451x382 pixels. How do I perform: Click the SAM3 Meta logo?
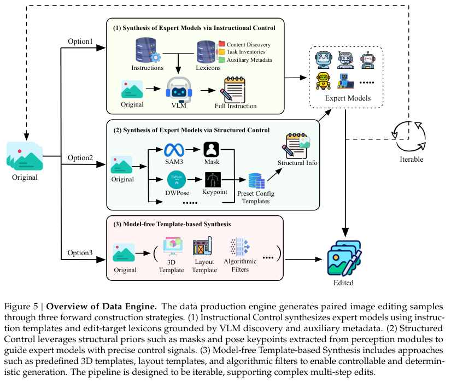177,149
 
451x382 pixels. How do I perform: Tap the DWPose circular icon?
177,179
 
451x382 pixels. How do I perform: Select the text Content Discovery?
249,44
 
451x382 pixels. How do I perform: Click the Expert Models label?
348,98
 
